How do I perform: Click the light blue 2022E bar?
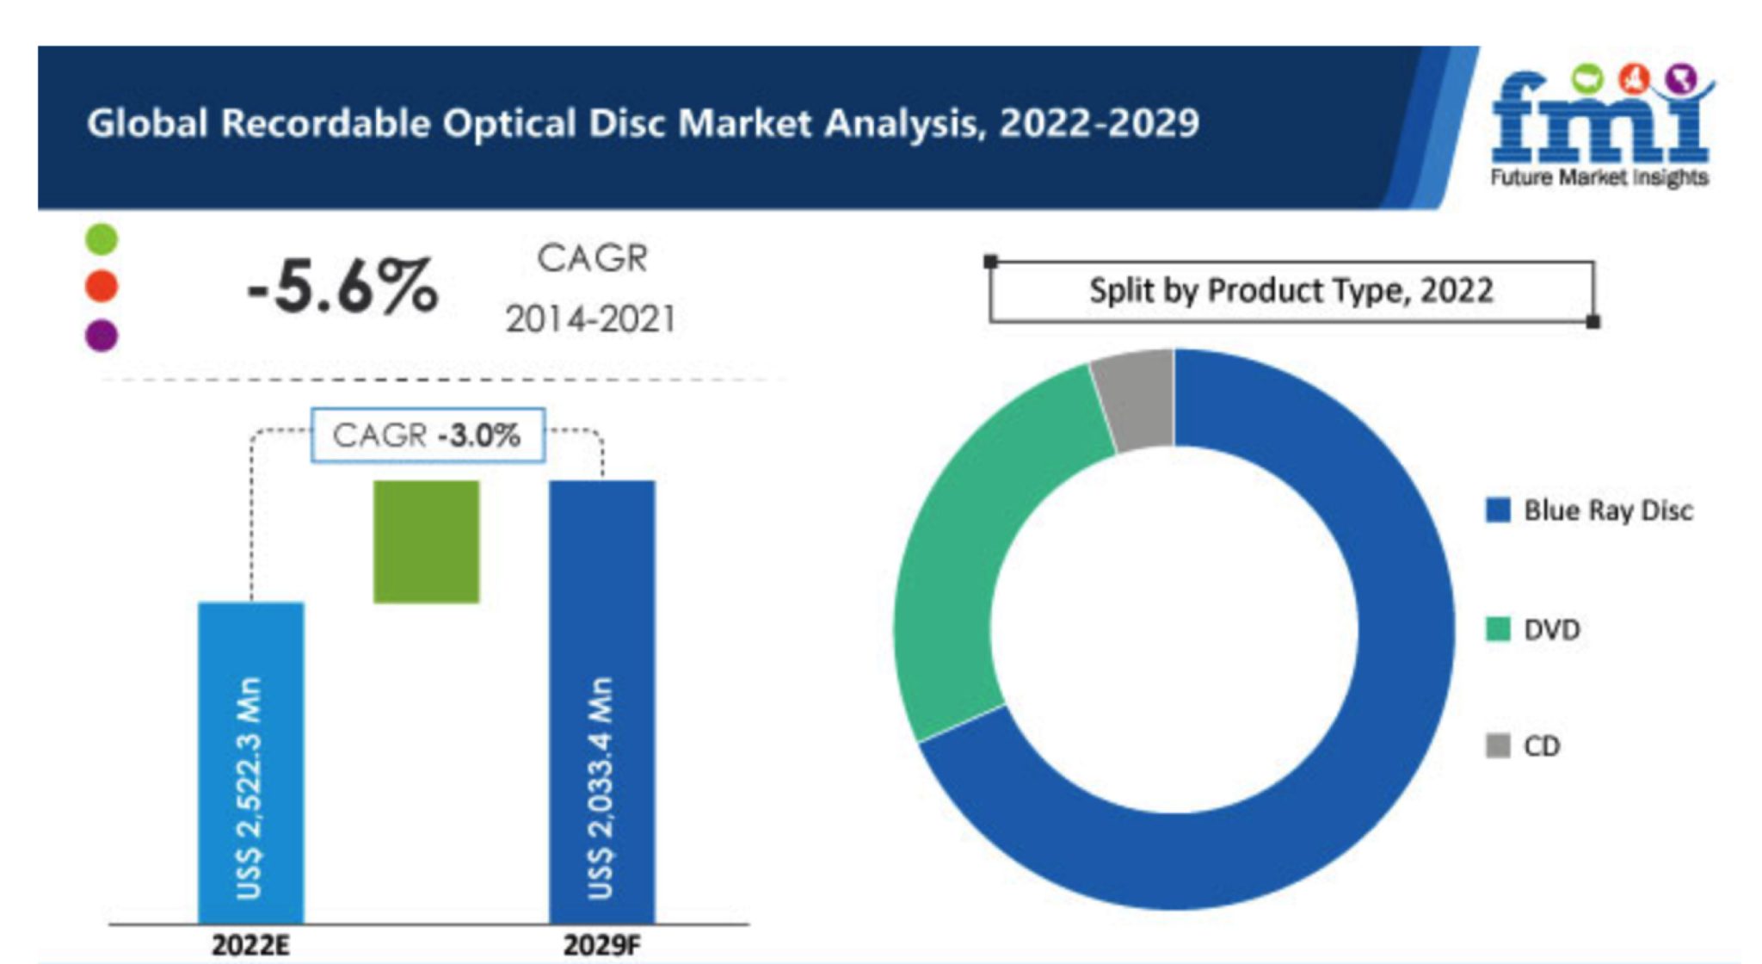[x=250, y=762]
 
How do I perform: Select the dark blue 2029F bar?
[x=602, y=701]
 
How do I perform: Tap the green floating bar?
[x=426, y=541]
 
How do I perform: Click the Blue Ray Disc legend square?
[x=1498, y=510]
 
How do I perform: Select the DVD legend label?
[x=1551, y=630]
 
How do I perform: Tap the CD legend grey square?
[x=1498, y=745]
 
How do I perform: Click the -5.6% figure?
[x=342, y=287]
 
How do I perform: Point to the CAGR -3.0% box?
[x=428, y=435]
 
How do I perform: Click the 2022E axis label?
[x=250, y=945]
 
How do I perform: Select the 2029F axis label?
[x=601, y=945]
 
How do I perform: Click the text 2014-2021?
[x=590, y=319]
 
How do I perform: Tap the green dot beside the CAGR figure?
[x=102, y=238]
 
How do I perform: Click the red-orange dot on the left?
[x=102, y=286]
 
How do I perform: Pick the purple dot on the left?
[x=102, y=335]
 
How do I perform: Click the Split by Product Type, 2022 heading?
[x=1291, y=291]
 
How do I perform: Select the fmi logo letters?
[x=1599, y=120]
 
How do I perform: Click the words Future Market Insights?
[x=1599, y=177]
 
